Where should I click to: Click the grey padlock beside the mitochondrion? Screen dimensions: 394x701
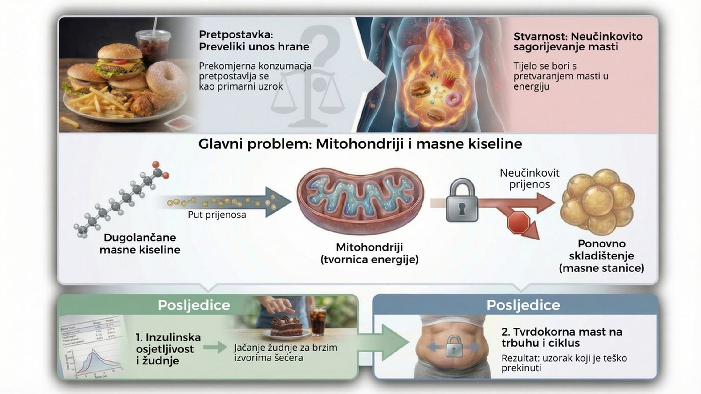click(x=462, y=201)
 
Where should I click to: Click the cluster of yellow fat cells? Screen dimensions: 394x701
click(x=597, y=202)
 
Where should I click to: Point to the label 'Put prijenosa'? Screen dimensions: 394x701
click(x=217, y=215)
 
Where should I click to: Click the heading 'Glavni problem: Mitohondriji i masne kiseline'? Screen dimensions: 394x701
click(x=360, y=144)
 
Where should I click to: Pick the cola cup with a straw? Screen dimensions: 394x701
click(x=153, y=46)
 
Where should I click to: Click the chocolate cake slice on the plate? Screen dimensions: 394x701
click(x=286, y=325)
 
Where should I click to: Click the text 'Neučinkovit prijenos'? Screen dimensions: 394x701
click(x=529, y=179)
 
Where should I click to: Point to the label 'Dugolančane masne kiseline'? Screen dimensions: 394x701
click(x=140, y=243)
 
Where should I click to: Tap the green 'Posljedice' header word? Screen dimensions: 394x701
click(x=194, y=305)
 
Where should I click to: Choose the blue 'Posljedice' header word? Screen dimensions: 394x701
click(x=523, y=305)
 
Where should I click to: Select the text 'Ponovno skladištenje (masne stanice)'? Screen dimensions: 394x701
click(x=601, y=256)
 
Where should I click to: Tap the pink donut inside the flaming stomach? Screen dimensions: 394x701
click(x=452, y=99)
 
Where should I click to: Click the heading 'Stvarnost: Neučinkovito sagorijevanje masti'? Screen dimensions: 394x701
click(x=578, y=42)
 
